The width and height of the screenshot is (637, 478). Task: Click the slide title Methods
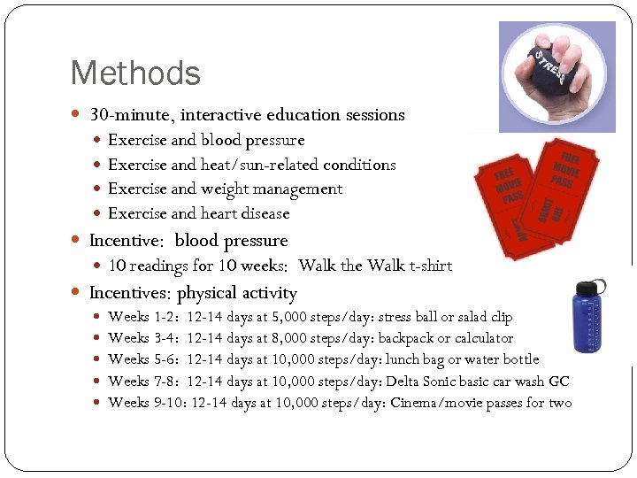click(x=135, y=73)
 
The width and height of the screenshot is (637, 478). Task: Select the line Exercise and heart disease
click(x=198, y=213)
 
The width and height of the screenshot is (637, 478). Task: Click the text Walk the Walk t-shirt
click(x=375, y=266)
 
